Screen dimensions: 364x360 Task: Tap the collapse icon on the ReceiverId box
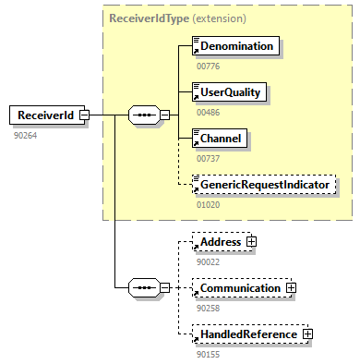[84, 115]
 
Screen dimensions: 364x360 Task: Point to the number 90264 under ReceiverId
[26, 135]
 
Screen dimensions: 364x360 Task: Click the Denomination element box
[235, 45]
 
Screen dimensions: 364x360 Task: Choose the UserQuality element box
[232, 91]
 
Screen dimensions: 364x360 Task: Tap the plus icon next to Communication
[291, 288]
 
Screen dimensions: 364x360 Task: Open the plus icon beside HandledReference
[307, 334]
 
